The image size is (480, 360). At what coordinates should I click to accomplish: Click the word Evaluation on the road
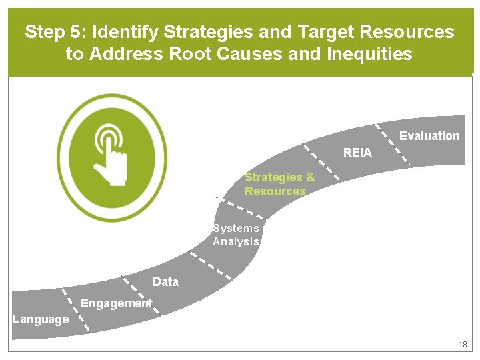coord(429,136)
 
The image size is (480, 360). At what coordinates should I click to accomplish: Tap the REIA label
coord(357,153)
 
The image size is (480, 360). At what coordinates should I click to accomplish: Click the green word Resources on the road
coord(274,191)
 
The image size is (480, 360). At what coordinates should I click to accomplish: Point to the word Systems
coord(235,228)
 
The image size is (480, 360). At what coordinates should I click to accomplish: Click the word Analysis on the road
coord(235,241)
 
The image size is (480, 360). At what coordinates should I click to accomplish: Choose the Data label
coord(165,282)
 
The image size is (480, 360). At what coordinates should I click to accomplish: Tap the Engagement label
coord(116,303)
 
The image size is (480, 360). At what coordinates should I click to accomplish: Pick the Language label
coord(41,319)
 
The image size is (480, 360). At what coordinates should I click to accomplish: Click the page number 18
coord(463,345)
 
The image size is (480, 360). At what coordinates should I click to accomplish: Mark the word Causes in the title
coord(254,54)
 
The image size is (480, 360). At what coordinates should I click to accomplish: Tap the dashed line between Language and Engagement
coord(73,308)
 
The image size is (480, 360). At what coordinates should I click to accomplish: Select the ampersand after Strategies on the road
coord(309,177)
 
